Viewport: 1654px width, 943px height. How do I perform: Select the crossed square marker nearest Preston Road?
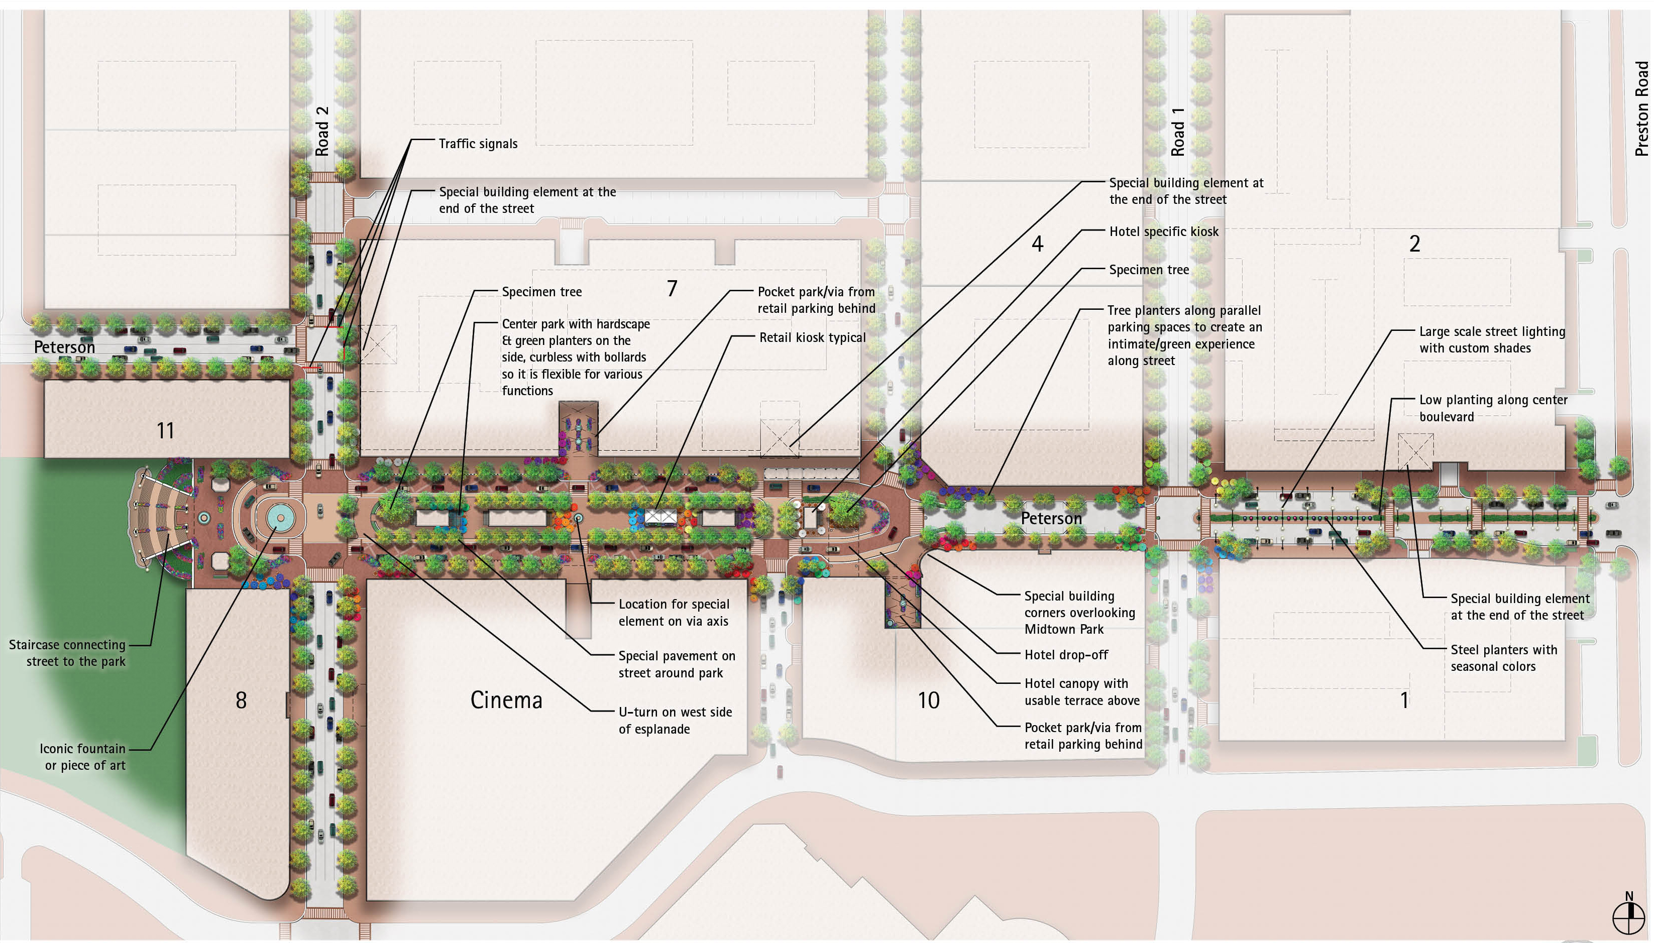(x=1415, y=451)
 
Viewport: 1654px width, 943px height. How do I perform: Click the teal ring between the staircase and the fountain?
(x=204, y=518)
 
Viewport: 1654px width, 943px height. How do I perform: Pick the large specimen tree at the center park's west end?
(x=394, y=507)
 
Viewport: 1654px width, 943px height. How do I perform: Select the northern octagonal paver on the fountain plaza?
(x=220, y=484)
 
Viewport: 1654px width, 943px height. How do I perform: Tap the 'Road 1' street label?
(x=1177, y=132)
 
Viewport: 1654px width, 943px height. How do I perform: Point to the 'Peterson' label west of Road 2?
(x=64, y=347)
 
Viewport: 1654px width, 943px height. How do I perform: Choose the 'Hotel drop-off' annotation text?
(x=1066, y=655)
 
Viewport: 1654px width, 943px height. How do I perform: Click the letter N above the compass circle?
(x=1629, y=896)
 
